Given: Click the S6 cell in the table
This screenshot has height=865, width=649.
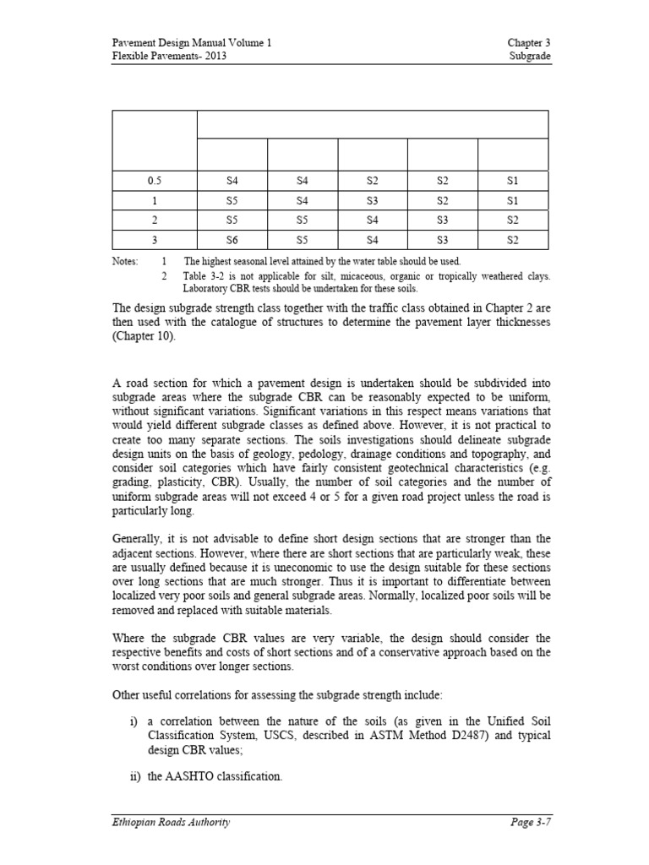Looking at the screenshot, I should coord(232,239).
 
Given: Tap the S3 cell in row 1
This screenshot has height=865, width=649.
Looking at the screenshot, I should coord(373,201).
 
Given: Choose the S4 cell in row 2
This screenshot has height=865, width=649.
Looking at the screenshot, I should coord(373,220).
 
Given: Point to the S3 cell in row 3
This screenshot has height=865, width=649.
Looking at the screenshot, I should coord(443,239).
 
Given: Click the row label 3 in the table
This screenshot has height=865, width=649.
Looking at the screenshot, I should coord(155,239).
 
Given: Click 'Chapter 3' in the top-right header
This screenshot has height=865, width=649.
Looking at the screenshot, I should coord(529,42).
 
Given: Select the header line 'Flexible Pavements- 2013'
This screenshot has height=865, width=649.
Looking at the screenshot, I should coord(169,56).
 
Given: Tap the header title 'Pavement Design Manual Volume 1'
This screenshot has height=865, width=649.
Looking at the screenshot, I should coord(192,42).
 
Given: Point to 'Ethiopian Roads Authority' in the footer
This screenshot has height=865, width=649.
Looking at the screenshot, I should coord(171,821).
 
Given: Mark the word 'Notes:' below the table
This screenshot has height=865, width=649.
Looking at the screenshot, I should coord(125,262).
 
